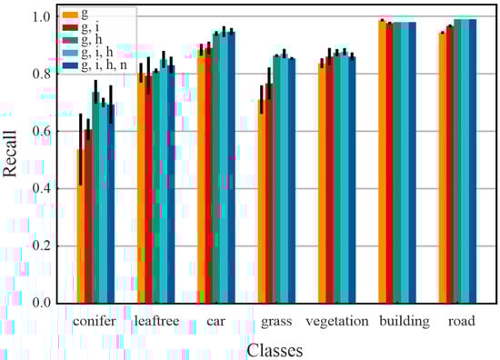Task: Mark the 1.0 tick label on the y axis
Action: tap(40, 16)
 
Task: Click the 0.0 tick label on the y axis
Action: tap(40, 303)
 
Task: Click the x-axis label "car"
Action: tap(215, 321)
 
